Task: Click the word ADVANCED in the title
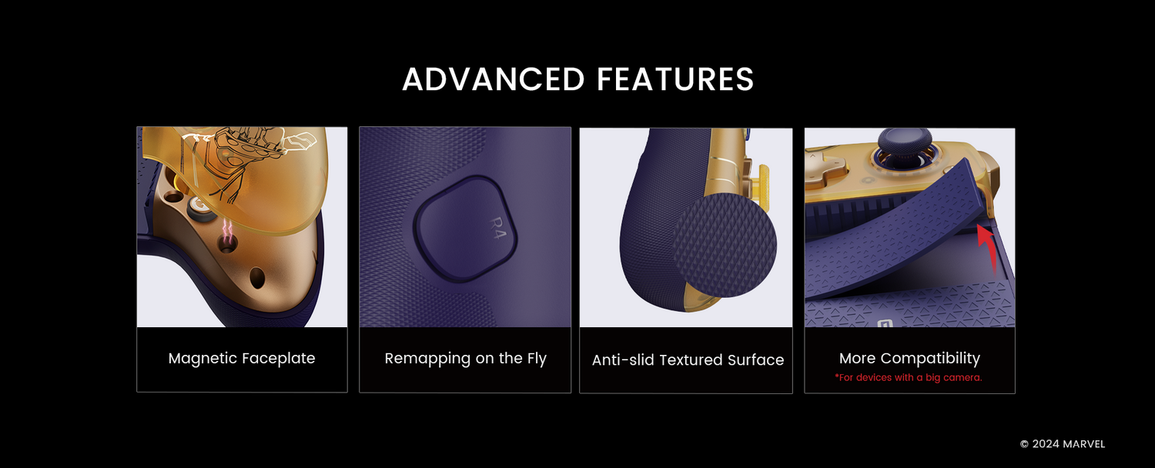coord(494,79)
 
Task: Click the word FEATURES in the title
coord(675,79)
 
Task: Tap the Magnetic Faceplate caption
coord(242,358)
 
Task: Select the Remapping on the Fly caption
coord(465,358)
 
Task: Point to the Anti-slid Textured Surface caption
coord(688,359)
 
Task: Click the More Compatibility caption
coord(909,358)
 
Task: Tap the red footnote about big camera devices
coord(909,377)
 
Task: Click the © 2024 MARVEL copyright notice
coord(1063,444)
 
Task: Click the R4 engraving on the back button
coord(497,229)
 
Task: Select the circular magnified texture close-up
coord(725,245)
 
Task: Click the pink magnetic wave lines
coord(227,227)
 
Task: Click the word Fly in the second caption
coord(537,358)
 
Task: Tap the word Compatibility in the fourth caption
coord(930,358)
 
